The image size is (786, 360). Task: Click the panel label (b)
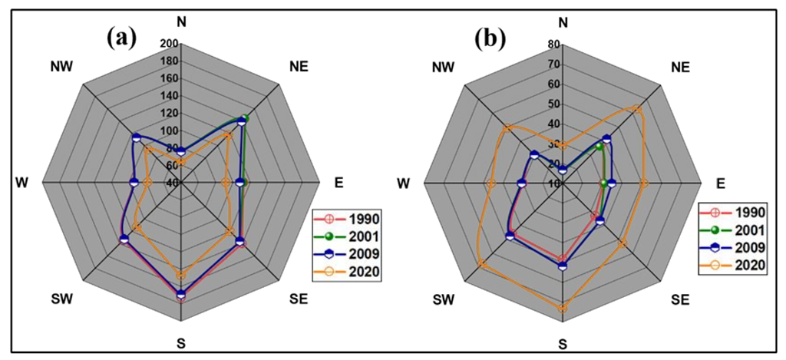click(x=490, y=36)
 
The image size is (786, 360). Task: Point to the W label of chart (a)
click(x=23, y=183)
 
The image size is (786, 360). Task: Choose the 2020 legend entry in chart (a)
click(x=354, y=270)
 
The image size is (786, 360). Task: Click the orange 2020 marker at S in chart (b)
click(x=563, y=308)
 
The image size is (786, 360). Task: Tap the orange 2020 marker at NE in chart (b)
click(x=636, y=109)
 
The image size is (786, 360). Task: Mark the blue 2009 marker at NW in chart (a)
click(x=136, y=137)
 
